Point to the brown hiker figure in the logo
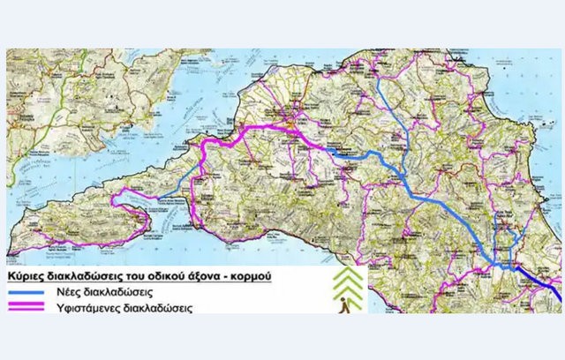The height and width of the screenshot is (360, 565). pos(344,305)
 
